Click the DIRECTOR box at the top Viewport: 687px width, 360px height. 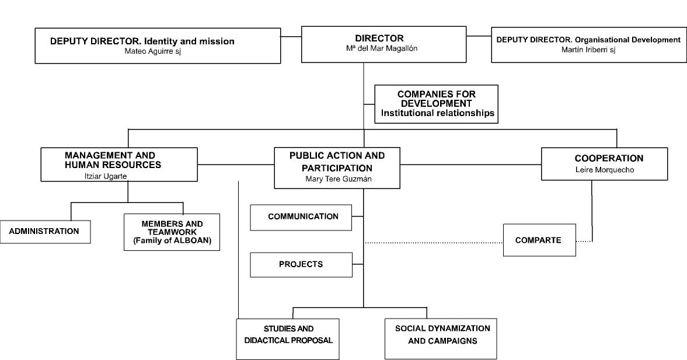tap(384, 44)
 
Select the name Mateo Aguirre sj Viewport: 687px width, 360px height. tap(152, 51)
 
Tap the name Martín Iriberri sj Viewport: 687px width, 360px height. tap(588, 50)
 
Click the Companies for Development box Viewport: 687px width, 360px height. tap(437, 104)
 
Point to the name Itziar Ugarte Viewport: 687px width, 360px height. tap(106, 176)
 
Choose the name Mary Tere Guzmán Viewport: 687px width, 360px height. tap(338, 179)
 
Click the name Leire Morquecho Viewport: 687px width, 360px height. tap(605, 169)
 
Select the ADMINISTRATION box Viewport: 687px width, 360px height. tap(45, 232)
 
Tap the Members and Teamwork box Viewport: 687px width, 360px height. tap(172, 232)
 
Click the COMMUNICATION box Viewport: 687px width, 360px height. tap(301, 217)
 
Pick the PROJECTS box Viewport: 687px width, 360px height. tap(301, 264)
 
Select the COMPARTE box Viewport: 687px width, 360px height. tap(539, 240)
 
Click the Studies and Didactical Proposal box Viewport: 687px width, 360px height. tap(288, 339)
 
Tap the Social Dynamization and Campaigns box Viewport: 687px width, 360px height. tap(441, 338)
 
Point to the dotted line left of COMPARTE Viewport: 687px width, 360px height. tap(434, 243)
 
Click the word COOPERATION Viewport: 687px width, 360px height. tap(609, 158)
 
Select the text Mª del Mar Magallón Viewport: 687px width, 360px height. tap(382, 48)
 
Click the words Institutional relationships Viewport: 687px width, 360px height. tap(438, 113)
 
